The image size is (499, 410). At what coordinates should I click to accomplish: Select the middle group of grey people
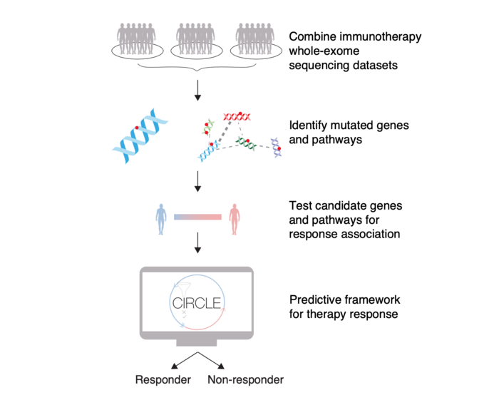[198, 39]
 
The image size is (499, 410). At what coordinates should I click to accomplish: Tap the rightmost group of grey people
[257, 39]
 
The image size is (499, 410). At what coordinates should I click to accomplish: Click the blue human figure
[162, 218]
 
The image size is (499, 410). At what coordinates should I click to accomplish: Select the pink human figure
[234, 218]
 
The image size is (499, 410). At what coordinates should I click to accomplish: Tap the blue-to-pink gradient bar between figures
[197, 215]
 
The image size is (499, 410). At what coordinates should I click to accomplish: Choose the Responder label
[163, 380]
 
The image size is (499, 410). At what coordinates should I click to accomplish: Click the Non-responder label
[245, 380]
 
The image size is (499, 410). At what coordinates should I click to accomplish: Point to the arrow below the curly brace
[198, 91]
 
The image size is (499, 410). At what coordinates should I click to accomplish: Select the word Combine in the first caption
[312, 36]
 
